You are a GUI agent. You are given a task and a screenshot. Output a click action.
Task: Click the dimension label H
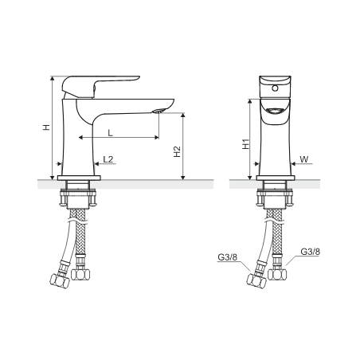(47, 127)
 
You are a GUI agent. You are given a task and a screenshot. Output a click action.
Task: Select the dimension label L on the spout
(110, 132)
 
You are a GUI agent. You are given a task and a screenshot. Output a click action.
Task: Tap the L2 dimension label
(108, 159)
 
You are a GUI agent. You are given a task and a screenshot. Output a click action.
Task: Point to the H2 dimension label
(177, 151)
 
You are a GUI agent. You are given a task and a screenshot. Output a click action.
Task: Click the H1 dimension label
(246, 144)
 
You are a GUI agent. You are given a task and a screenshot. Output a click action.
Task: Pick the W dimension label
(304, 159)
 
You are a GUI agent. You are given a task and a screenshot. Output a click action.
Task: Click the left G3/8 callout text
(228, 257)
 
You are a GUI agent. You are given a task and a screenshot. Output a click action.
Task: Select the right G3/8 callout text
(310, 252)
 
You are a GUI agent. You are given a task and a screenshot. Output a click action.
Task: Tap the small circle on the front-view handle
(276, 88)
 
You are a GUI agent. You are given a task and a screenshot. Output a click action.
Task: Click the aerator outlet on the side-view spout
(158, 111)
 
